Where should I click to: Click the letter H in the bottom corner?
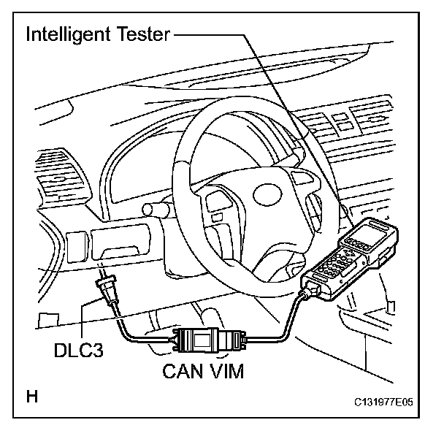coord(31,398)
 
